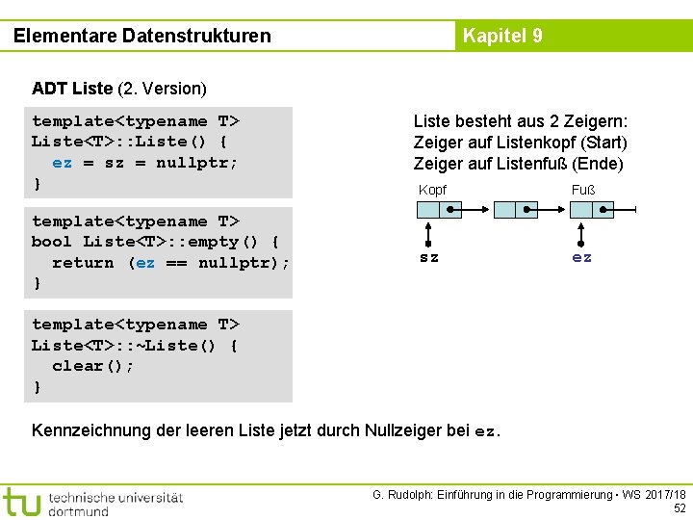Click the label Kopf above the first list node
coord(432,190)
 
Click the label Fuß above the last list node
coord(583,190)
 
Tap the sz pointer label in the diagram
coord(429,257)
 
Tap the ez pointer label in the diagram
coord(582,257)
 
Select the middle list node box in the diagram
coord(514,210)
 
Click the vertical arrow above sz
coord(429,232)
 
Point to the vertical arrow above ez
coord(582,232)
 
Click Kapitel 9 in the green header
coord(502,37)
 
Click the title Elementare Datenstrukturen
coord(142,37)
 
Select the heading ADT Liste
coord(72,89)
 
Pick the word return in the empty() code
coord(83,263)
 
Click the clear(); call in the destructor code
coord(93,366)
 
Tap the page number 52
coord(679,507)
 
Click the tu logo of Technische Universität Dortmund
coord(21,502)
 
